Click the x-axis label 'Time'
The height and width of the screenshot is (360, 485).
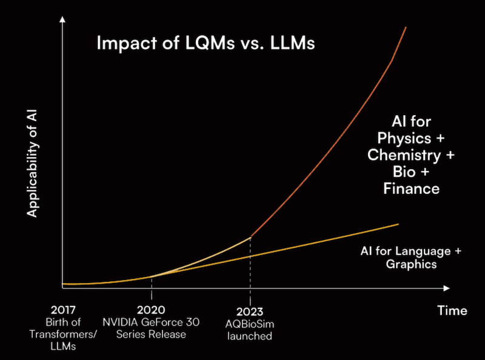(452, 310)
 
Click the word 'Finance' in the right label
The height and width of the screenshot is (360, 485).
(411, 188)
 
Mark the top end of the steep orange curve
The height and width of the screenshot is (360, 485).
(406, 27)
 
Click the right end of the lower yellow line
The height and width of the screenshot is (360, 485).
(398, 224)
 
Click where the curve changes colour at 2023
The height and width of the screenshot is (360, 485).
(250, 237)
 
